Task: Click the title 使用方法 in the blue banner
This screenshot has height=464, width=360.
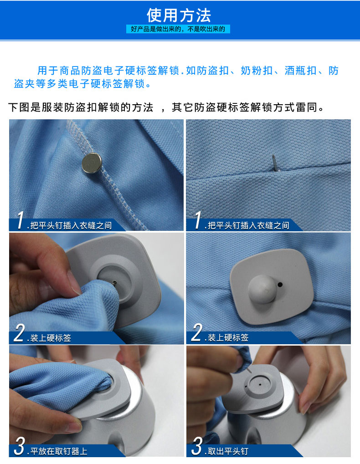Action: tap(179, 15)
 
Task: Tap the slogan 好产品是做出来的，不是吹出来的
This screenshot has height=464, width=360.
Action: tap(178, 29)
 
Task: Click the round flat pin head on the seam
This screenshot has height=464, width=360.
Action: tap(92, 163)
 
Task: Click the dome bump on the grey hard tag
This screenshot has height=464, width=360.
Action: tap(262, 289)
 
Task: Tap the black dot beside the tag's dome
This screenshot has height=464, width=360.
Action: tap(280, 285)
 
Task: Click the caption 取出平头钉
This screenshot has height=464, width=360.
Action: tap(228, 451)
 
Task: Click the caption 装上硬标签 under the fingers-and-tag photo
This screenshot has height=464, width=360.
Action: tap(51, 338)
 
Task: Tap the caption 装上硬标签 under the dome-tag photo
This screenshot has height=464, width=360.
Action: tap(228, 338)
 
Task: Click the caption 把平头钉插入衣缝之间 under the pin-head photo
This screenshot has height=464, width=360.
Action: tap(71, 225)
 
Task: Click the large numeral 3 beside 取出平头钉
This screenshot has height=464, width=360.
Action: tap(197, 446)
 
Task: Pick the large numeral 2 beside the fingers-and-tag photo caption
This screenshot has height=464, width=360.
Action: tap(19, 332)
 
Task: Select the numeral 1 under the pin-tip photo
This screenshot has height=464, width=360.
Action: tap(198, 220)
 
